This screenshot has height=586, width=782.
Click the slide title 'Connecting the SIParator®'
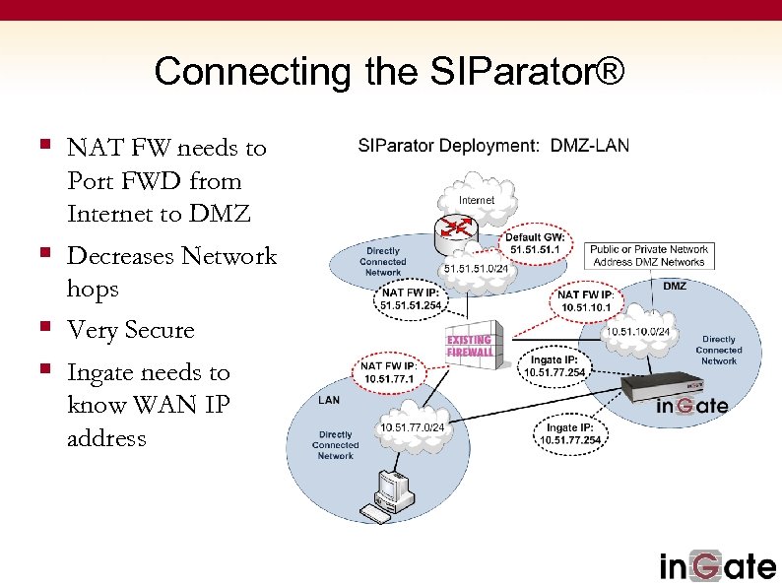pyautogui.click(x=389, y=72)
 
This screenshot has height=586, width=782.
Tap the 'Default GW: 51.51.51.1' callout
pyautogui.click(x=535, y=243)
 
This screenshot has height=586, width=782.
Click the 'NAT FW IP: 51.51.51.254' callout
pyautogui.click(x=413, y=298)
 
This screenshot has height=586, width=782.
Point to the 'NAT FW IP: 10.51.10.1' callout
pyautogui.click(x=586, y=301)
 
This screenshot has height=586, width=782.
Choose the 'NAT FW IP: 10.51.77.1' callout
pyautogui.click(x=388, y=372)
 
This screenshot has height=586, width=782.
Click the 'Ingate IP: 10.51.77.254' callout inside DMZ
pyautogui.click(x=554, y=366)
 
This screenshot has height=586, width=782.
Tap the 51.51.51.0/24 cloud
pyautogui.click(x=477, y=269)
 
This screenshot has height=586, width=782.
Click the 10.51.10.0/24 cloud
pyautogui.click(x=637, y=332)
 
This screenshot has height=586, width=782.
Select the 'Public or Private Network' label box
pyautogui.click(x=649, y=256)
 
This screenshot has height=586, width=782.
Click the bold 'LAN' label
pyautogui.click(x=329, y=401)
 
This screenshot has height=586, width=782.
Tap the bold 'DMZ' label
pyautogui.click(x=675, y=287)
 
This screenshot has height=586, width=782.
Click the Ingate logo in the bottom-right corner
pyautogui.click(x=716, y=565)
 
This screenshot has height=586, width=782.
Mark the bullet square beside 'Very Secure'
pyautogui.click(x=45, y=328)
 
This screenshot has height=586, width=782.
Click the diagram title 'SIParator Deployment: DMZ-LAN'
pyautogui.click(x=493, y=146)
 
